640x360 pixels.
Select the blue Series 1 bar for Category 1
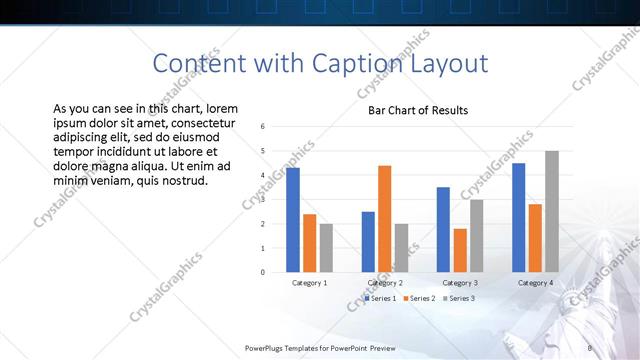pyautogui.click(x=293, y=220)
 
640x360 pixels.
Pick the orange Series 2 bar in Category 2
pyautogui.click(x=384, y=219)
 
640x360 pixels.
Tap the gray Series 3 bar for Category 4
pyautogui.click(x=552, y=211)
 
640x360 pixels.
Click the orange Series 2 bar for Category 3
pyautogui.click(x=460, y=250)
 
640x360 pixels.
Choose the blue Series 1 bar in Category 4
pyautogui.click(x=519, y=217)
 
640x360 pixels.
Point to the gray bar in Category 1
pyautogui.click(x=326, y=248)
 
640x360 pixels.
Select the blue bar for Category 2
pyautogui.click(x=368, y=242)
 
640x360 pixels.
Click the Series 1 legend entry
pyautogui.click(x=381, y=298)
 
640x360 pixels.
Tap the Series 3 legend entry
pyautogui.click(x=458, y=298)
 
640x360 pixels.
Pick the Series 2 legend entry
pyautogui.click(x=420, y=298)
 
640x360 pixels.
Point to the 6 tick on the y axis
pyautogui.click(x=262, y=127)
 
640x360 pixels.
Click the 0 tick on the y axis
pyautogui.click(x=262, y=272)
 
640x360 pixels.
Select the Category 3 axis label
pyautogui.click(x=460, y=283)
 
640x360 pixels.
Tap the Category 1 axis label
pyautogui.click(x=309, y=283)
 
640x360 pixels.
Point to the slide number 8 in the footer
pyautogui.click(x=590, y=348)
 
